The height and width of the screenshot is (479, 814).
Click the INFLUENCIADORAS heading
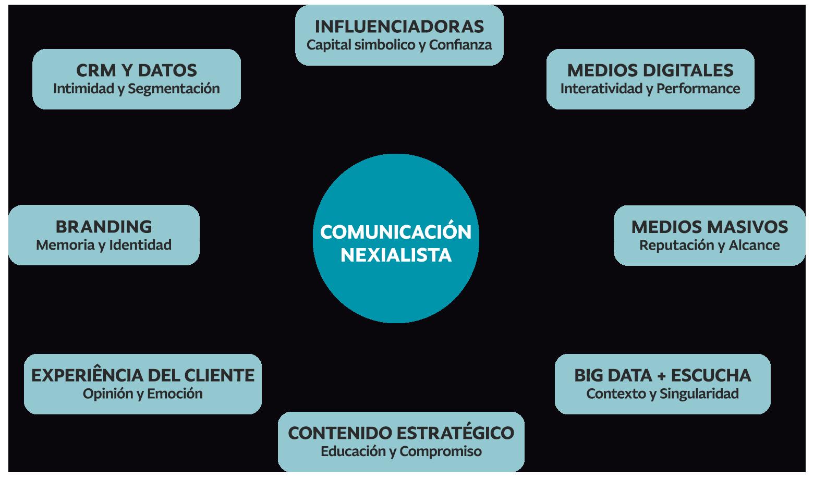399,26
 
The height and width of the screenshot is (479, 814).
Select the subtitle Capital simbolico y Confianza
399,45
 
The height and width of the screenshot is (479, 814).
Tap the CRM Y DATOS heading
136,70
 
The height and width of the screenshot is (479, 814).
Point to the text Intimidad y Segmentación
136,89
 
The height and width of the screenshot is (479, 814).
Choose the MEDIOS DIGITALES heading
650,70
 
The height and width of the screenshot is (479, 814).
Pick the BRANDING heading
104,227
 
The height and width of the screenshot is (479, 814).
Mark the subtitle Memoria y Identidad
104,245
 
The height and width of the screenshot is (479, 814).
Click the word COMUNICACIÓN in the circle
396,232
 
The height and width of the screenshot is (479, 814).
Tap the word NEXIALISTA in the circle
396,255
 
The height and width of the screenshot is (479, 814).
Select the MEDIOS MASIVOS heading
709,227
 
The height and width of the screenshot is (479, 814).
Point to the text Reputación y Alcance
709,245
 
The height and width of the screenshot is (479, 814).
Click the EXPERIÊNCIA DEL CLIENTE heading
143,375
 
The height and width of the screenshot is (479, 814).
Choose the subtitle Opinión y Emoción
143,394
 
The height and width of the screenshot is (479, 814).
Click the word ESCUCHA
711,375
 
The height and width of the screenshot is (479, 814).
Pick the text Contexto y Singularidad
662,394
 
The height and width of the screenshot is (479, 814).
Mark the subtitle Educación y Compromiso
401,451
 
